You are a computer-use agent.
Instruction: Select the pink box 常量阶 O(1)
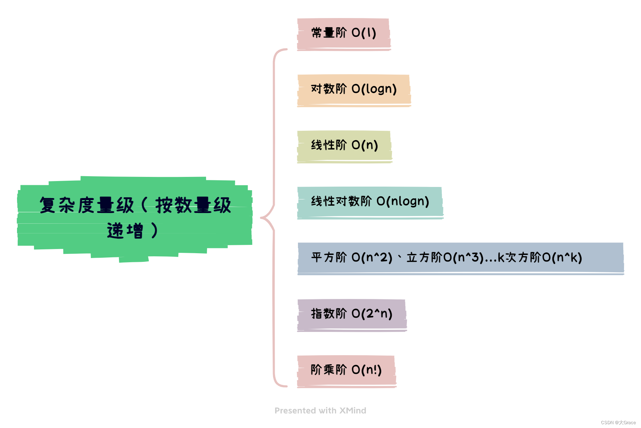(x=343, y=33)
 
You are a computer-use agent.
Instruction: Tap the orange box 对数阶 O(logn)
(x=354, y=89)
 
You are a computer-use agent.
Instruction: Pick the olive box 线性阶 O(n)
(x=344, y=146)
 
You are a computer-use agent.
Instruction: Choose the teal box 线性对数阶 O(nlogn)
(x=370, y=202)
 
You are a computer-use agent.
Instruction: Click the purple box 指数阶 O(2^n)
(x=351, y=314)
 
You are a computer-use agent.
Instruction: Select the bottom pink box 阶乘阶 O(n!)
(x=346, y=370)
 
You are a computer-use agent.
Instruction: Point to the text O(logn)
(x=374, y=89)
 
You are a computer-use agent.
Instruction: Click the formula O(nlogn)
(x=403, y=202)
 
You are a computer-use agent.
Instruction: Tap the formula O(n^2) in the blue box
(x=372, y=258)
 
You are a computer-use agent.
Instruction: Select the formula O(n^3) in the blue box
(x=464, y=258)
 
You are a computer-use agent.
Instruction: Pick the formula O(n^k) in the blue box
(x=562, y=258)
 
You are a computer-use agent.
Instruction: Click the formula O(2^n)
(x=372, y=314)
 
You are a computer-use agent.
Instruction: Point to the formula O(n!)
(x=366, y=370)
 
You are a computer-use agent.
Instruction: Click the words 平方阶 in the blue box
(x=328, y=258)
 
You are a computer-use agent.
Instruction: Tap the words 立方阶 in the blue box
(x=424, y=258)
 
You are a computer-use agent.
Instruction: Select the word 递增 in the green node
(x=125, y=231)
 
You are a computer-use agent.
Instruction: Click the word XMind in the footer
(x=352, y=411)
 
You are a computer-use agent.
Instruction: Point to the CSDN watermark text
(x=618, y=422)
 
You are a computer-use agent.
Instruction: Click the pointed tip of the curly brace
(x=261, y=218)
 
